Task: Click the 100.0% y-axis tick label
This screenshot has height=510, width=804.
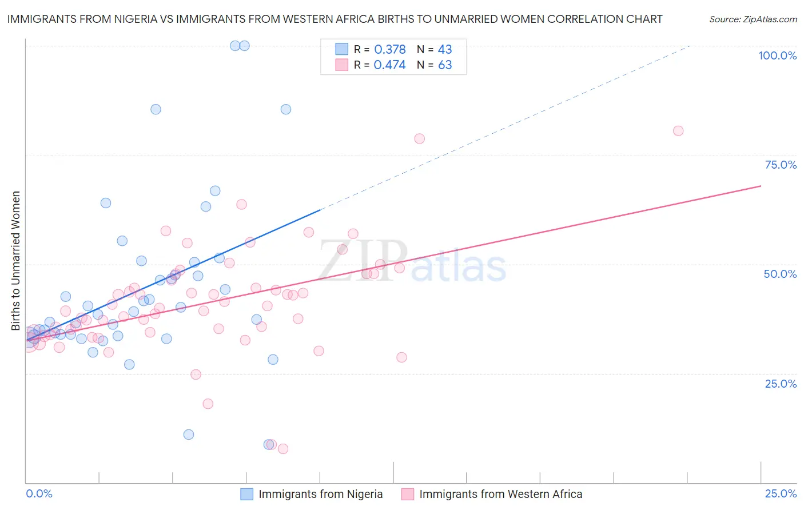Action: pos(777,55)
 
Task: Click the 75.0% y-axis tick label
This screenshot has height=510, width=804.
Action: pos(781,165)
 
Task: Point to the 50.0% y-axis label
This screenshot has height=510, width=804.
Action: pos(780,274)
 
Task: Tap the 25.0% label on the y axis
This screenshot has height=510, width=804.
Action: pos(781,383)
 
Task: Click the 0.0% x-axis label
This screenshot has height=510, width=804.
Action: pos(39,493)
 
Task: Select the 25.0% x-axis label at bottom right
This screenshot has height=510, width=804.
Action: pos(781,493)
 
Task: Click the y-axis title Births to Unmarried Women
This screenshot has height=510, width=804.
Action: pos(16,261)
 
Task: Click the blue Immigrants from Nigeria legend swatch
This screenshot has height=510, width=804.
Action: pos(246,494)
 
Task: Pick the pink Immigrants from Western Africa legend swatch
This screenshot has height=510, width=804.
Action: pos(407,494)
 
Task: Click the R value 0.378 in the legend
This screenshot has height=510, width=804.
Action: pos(389,49)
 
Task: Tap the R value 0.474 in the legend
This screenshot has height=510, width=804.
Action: pos(389,65)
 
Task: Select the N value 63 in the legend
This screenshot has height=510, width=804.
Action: pos(445,65)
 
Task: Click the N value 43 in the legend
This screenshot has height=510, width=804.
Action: pos(445,49)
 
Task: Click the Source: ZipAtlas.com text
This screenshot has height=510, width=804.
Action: pos(753,19)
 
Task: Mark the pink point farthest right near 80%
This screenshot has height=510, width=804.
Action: pos(678,131)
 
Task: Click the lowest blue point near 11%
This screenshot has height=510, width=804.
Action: pos(189,435)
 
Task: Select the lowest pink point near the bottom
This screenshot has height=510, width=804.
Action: pos(282,449)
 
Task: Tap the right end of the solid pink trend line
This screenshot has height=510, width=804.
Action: pos(761,186)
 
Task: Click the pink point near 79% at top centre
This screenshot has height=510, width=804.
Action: pos(419,138)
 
